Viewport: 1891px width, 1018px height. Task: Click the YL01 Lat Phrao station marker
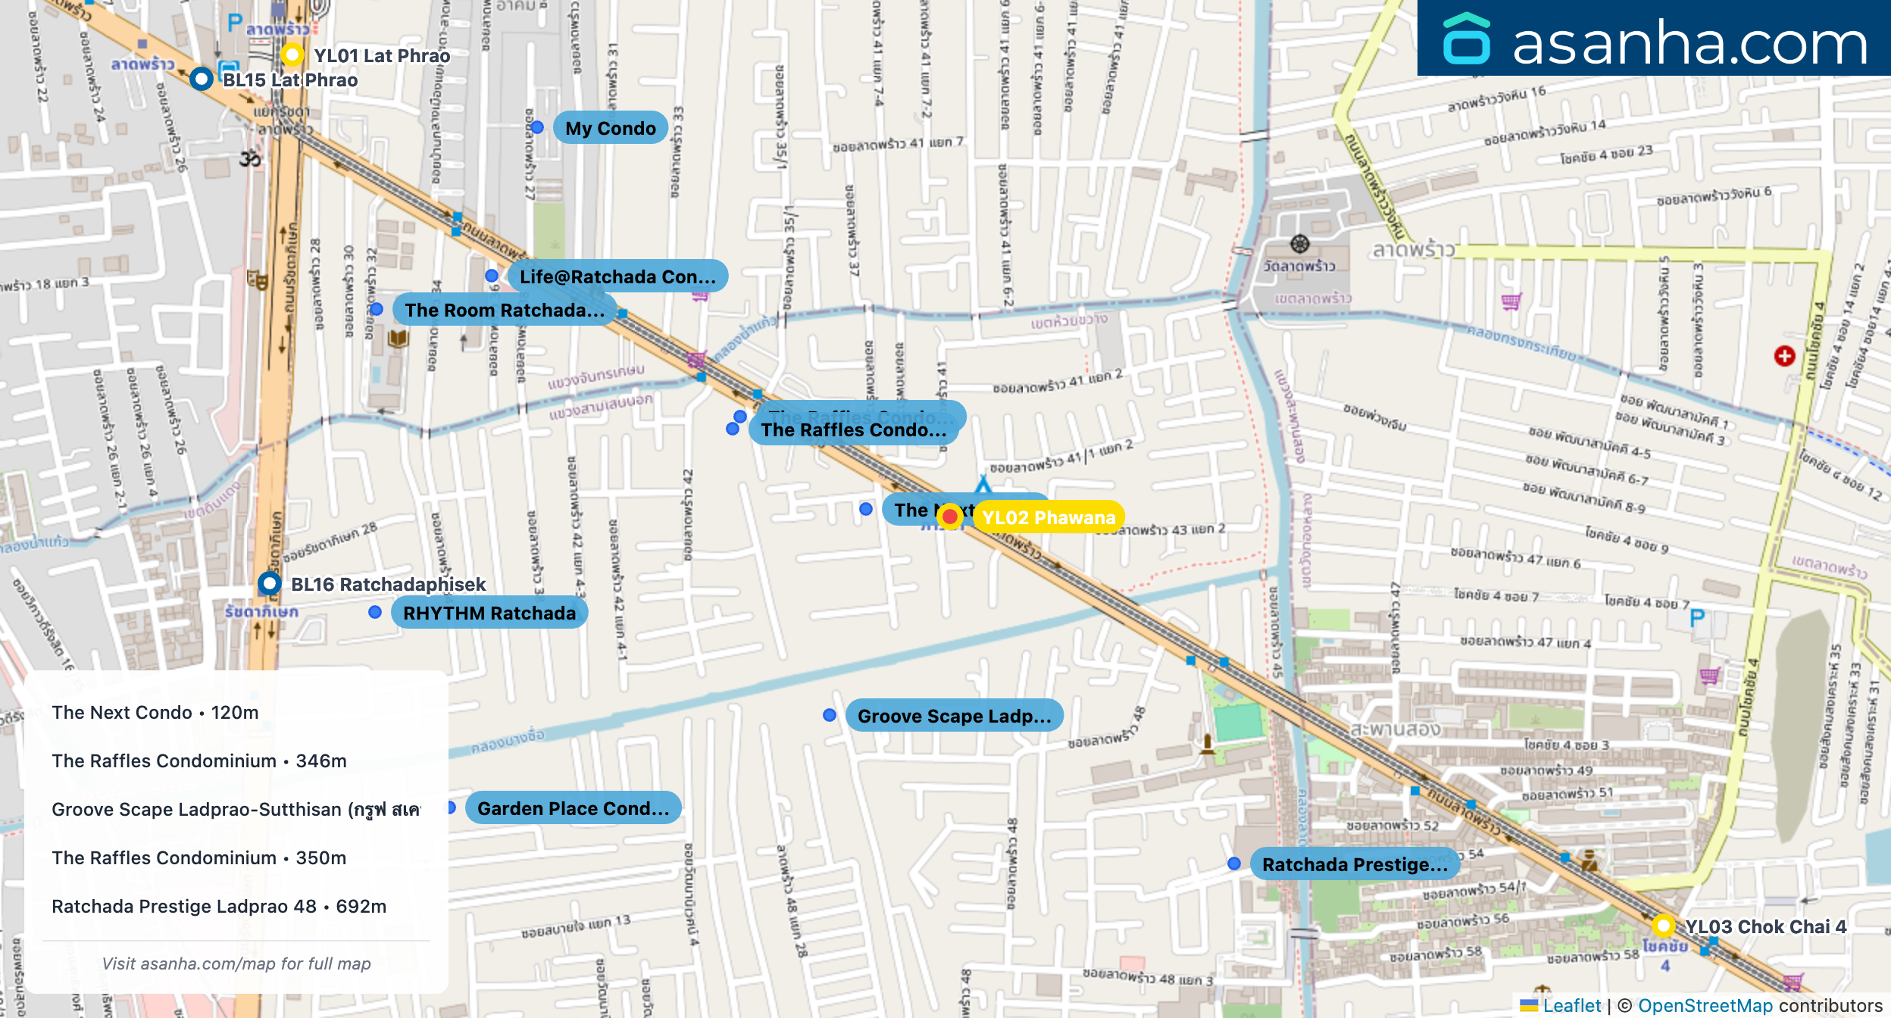(292, 55)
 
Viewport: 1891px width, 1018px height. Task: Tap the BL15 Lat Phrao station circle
(201, 79)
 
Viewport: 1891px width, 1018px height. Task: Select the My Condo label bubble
(610, 128)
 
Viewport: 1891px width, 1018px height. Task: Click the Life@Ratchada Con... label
(617, 276)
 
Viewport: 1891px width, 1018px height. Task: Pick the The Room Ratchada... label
(504, 310)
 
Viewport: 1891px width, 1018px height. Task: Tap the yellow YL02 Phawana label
(1049, 517)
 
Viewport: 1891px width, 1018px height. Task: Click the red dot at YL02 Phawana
(949, 517)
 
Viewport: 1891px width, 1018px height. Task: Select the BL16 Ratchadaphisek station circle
(269, 583)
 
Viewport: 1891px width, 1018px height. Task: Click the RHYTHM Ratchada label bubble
(489, 613)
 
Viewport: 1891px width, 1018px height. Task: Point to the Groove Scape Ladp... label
(954, 716)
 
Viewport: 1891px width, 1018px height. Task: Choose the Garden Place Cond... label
(573, 808)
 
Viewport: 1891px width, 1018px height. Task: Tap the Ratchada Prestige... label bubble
(1354, 864)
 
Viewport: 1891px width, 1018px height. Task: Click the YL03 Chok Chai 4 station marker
(1663, 925)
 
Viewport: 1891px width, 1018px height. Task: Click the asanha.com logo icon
(1466, 39)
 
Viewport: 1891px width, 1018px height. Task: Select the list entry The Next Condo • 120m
(155, 712)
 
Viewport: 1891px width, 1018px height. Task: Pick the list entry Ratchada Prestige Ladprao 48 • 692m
(219, 906)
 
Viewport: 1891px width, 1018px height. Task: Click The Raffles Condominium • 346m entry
(199, 760)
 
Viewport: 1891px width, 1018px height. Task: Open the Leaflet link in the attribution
(1571, 1005)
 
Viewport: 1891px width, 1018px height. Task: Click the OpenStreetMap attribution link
(1705, 1005)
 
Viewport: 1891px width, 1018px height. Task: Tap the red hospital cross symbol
(1784, 356)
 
